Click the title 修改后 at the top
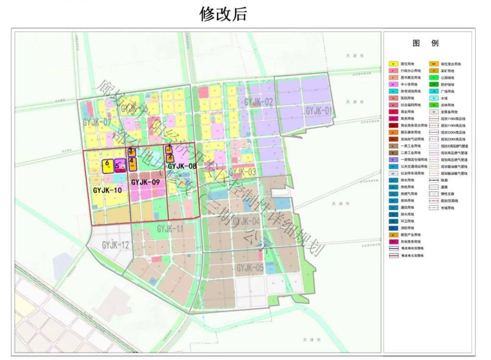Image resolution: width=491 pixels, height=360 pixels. coord(223,14)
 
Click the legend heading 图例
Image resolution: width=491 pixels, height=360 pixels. coord(426,44)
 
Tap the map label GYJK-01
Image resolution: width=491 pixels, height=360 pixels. coord(319,110)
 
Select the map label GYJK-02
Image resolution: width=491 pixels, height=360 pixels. coord(259,102)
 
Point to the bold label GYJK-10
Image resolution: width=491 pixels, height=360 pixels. coord(107,190)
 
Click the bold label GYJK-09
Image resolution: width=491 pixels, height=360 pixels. coord(145,182)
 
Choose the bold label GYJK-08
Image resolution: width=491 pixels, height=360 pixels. coord(182,166)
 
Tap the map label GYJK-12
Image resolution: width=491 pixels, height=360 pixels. coord(115,245)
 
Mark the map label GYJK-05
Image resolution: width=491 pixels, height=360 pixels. coord(250,268)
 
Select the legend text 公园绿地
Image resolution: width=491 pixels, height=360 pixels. coord(447,78)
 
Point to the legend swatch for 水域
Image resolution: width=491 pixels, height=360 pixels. coord(434,98)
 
